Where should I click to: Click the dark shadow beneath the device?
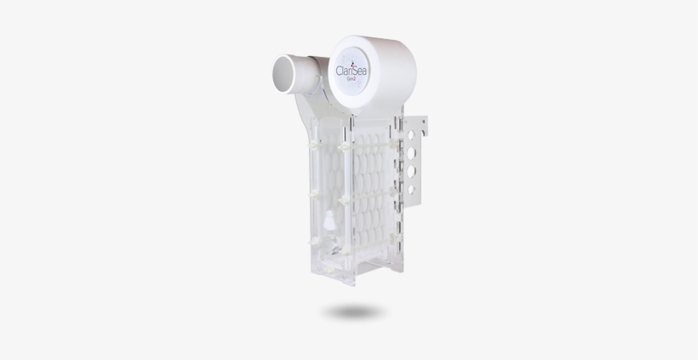pyautogui.click(x=356, y=312)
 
